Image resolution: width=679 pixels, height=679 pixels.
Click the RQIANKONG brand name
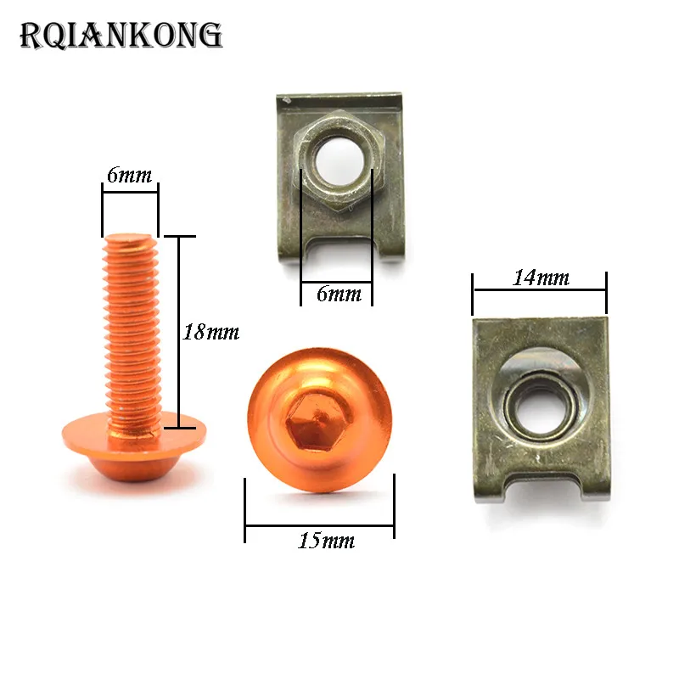click(x=121, y=35)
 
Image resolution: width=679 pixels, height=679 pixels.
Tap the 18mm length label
click(x=210, y=332)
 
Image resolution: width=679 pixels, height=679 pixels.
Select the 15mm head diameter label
click(x=327, y=541)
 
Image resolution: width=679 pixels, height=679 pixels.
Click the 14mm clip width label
click(x=541, y=278)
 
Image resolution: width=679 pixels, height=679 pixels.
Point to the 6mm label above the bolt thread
click(x=130, y=175)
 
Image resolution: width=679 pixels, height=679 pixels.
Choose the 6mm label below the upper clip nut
click(x=339, y=294)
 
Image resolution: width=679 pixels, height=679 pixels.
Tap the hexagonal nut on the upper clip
click(x=339, y=162)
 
